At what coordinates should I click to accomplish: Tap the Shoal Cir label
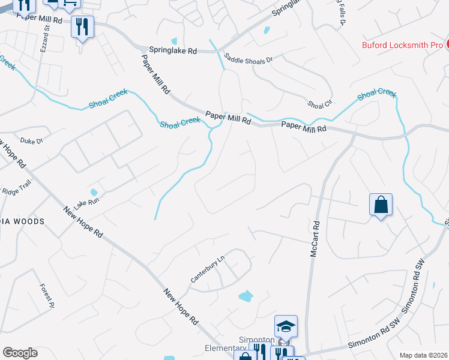(319, 104)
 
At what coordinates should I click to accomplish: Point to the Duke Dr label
(32, 141)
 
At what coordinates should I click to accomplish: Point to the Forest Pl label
(47, 296)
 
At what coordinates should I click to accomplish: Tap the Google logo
(20, 353)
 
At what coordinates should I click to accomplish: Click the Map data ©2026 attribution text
(423, 355)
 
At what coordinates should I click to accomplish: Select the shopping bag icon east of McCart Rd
(381, 205)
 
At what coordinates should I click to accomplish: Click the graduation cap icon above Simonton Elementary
(286, 326)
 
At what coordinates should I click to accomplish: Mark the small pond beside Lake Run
(94, 193)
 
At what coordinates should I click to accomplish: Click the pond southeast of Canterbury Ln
(246, 296)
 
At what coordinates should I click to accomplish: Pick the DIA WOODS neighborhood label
(22, 221)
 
